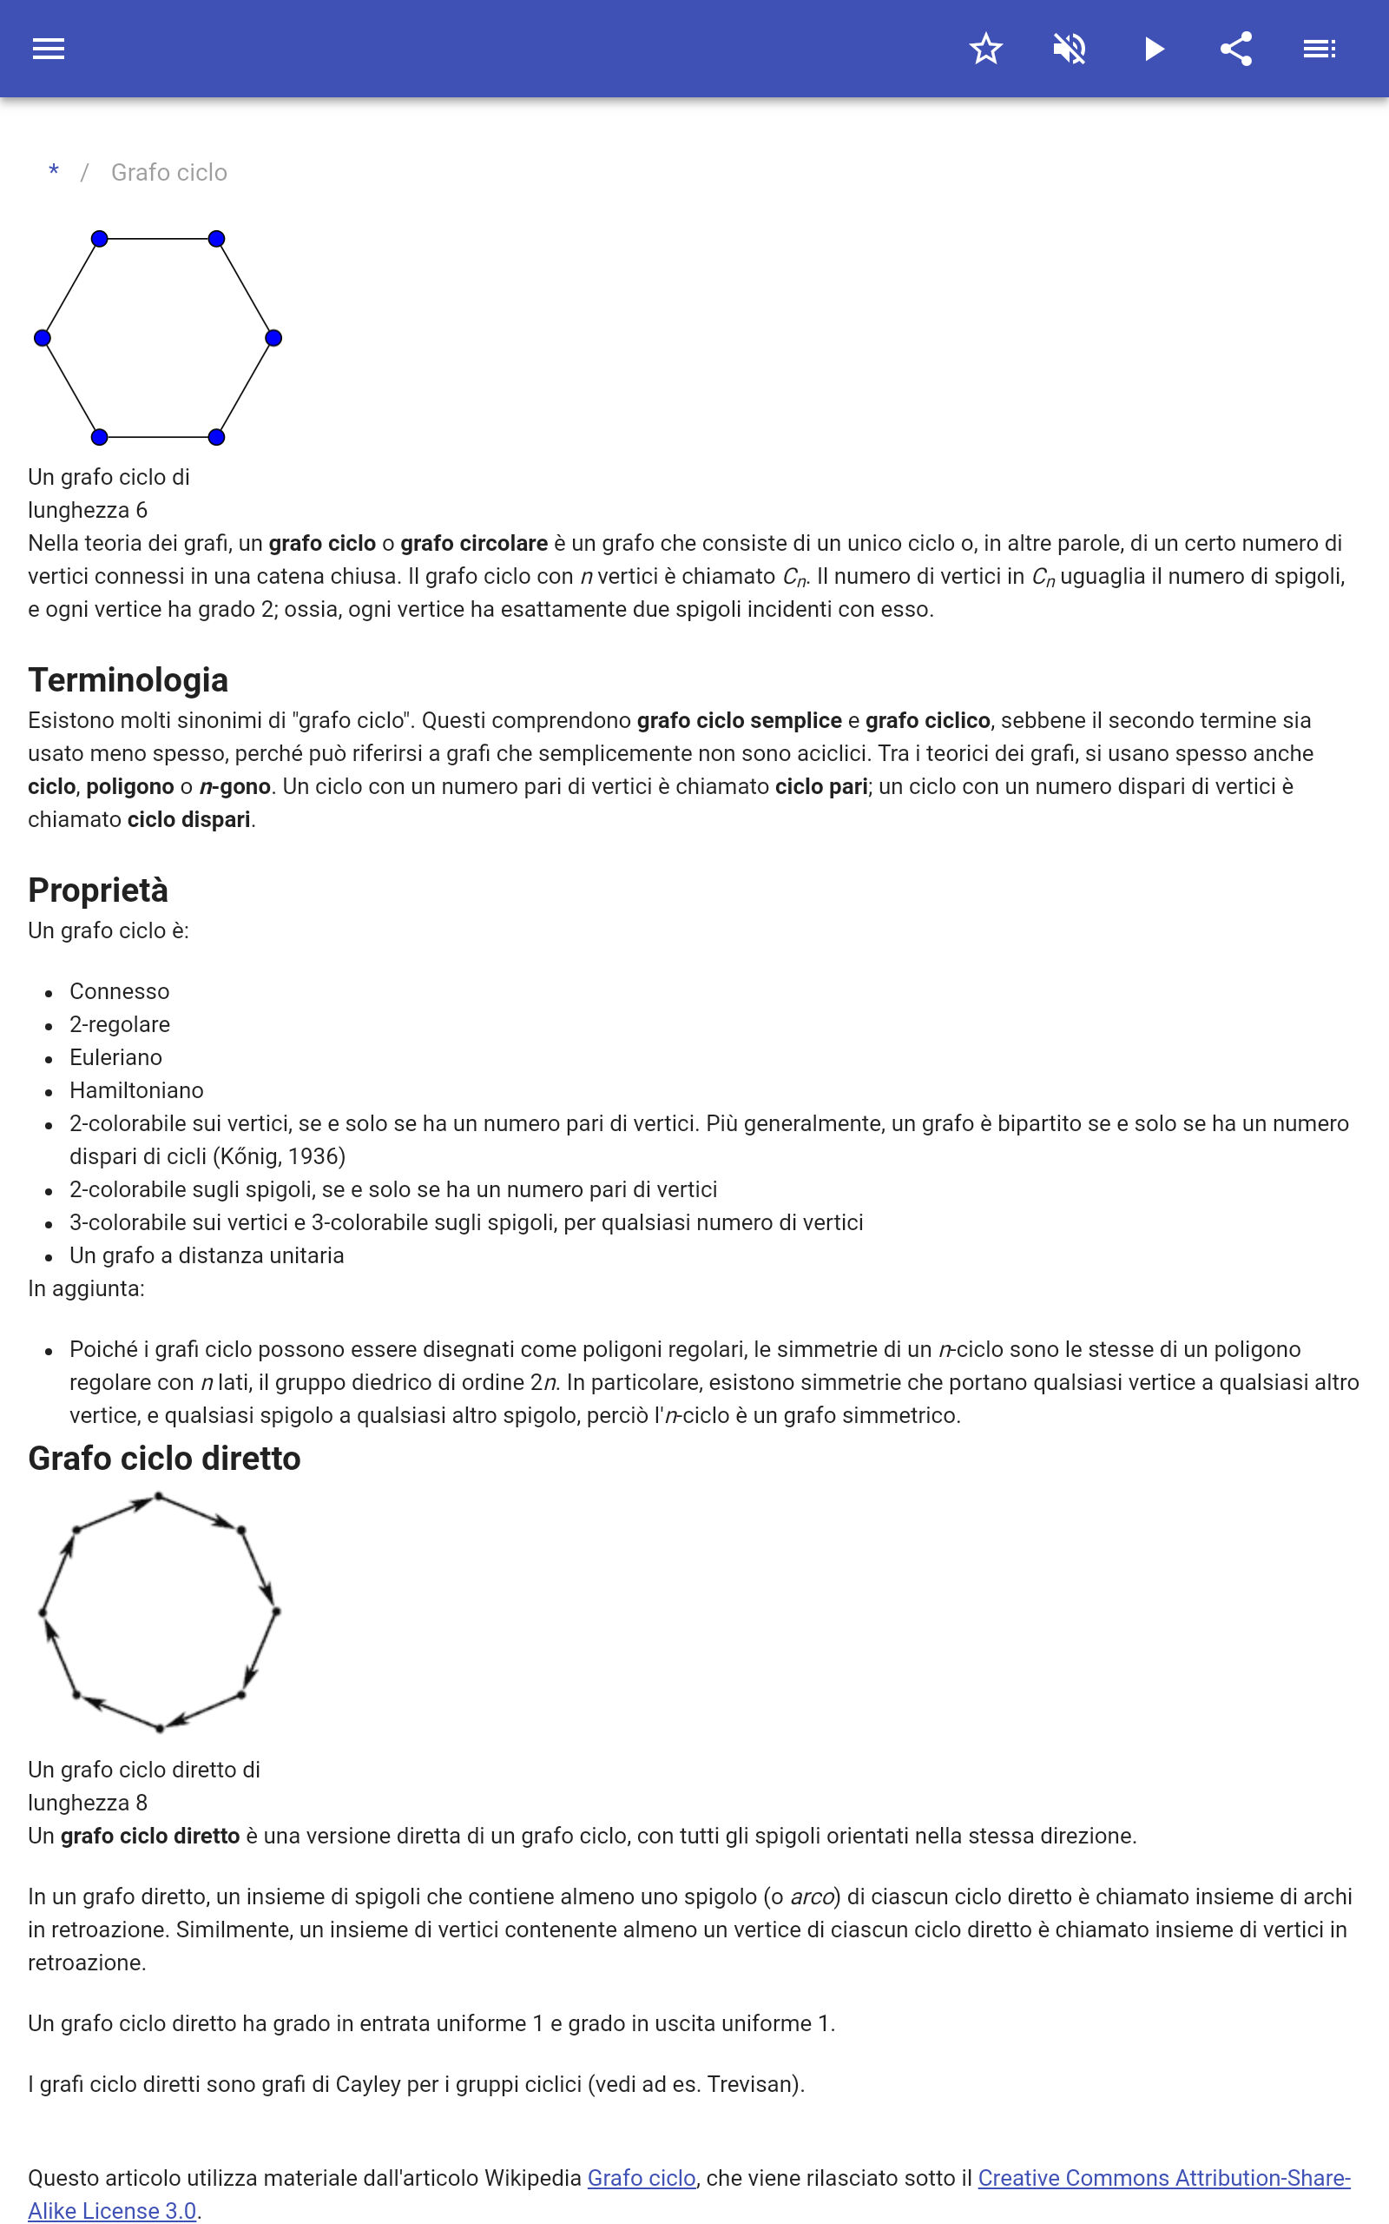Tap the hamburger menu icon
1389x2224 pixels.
[x=49, y=49]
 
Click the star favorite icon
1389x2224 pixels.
[x=985, y=49]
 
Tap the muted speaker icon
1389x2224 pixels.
[x=1070, y=49]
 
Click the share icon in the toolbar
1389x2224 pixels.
[x=1236, y=49]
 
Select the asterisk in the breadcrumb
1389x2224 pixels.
[x=54, y=172]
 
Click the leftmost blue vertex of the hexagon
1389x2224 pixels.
[x=43, y=338]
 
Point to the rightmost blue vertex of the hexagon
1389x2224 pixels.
[x=273, y=338]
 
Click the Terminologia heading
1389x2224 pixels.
[x=128, y=680]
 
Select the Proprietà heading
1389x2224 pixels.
[x=98, y=890]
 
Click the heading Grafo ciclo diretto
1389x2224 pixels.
[x=164, y=1459]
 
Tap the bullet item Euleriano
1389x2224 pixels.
[x=115, y=1057]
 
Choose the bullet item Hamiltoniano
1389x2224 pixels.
[x=137, y=1090]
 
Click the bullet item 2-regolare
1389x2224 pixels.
[x=120, y=1023]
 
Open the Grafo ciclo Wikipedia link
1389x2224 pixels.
[x=642, y=2177]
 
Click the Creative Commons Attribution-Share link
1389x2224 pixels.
[x=1163, y=2177]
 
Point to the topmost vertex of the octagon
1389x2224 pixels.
[x=159, y=1496]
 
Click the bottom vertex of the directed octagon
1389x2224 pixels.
[x=159, y=1729]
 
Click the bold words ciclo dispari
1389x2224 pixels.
[x=188, y=819]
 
